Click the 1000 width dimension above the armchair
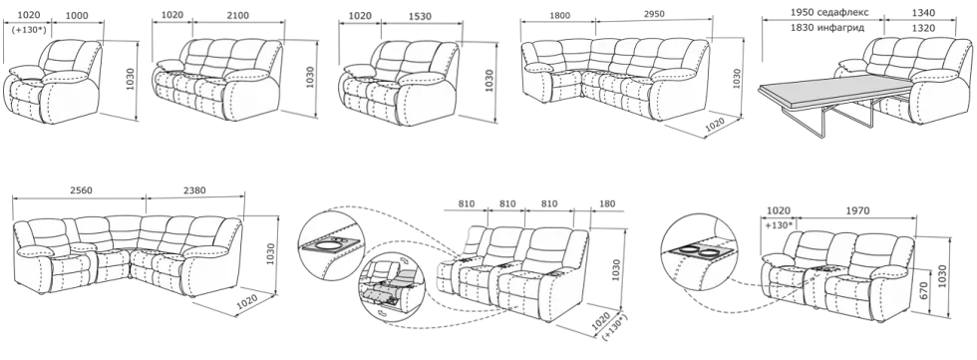pyautogui.click(x=77, y=16)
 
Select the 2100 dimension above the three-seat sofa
pyautogui.click(x=238, y=16)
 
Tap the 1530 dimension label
pyautogui.click(x=420, y=17)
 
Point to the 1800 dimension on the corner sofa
pyautogui.click(x=557, y=14)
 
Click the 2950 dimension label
pyautogui.click(x=654, y=14)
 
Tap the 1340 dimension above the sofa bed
pyautogui.click(x=923, y=12)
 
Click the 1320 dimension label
pyautogui.click(x=923, y=28)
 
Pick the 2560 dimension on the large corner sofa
pyautogui.click(x=81, y=190)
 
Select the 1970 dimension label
pyautogui.click(x=857, y=211)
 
